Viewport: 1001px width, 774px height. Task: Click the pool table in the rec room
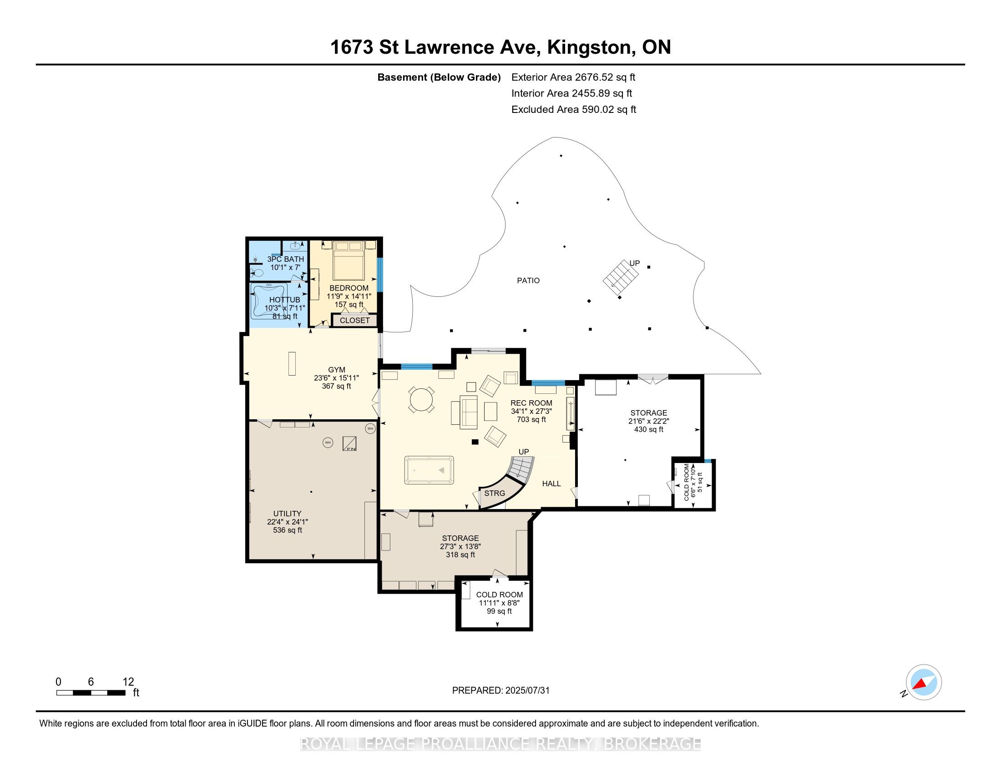429,470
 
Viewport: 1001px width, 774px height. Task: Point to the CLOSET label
355,321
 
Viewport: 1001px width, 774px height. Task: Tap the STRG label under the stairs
495,494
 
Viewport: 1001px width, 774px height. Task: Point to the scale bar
91,693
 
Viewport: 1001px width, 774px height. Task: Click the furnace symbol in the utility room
350,443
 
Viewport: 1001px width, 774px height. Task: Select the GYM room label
336,370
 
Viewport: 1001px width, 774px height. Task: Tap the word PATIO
528,280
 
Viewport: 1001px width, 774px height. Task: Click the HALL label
551,483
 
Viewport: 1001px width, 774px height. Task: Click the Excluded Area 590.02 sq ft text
574,110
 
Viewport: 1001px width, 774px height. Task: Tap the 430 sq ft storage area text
648,430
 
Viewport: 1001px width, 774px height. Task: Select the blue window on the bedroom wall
379,275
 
